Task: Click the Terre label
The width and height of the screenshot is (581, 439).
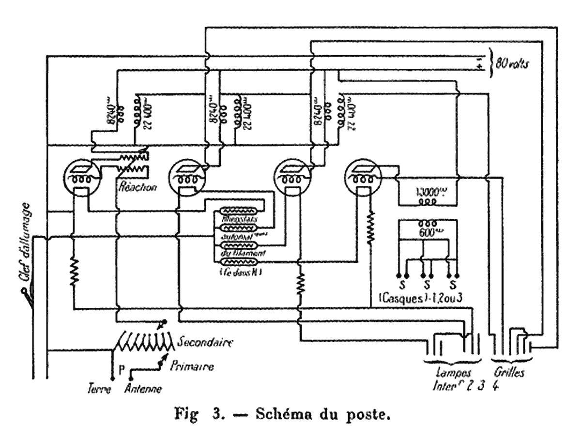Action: point(94,388)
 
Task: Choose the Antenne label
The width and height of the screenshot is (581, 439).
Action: point(143,388)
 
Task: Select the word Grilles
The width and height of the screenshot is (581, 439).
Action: point(508,373)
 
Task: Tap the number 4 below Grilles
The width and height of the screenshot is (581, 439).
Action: point(493,387)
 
